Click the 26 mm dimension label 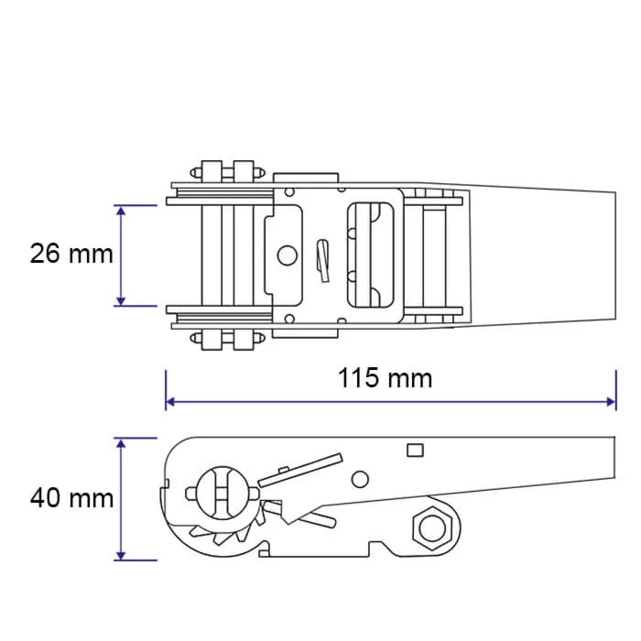pos(71,254)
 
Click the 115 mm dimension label pos(385,378)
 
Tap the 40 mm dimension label pos(71,498)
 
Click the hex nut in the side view pos(432,528)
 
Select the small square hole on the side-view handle pos(415,451)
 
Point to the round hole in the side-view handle pos(360,480)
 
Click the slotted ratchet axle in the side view pos(222,493)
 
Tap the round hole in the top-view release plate pos(287,255)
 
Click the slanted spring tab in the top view pos(323,261)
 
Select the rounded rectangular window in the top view pos(370,255)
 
